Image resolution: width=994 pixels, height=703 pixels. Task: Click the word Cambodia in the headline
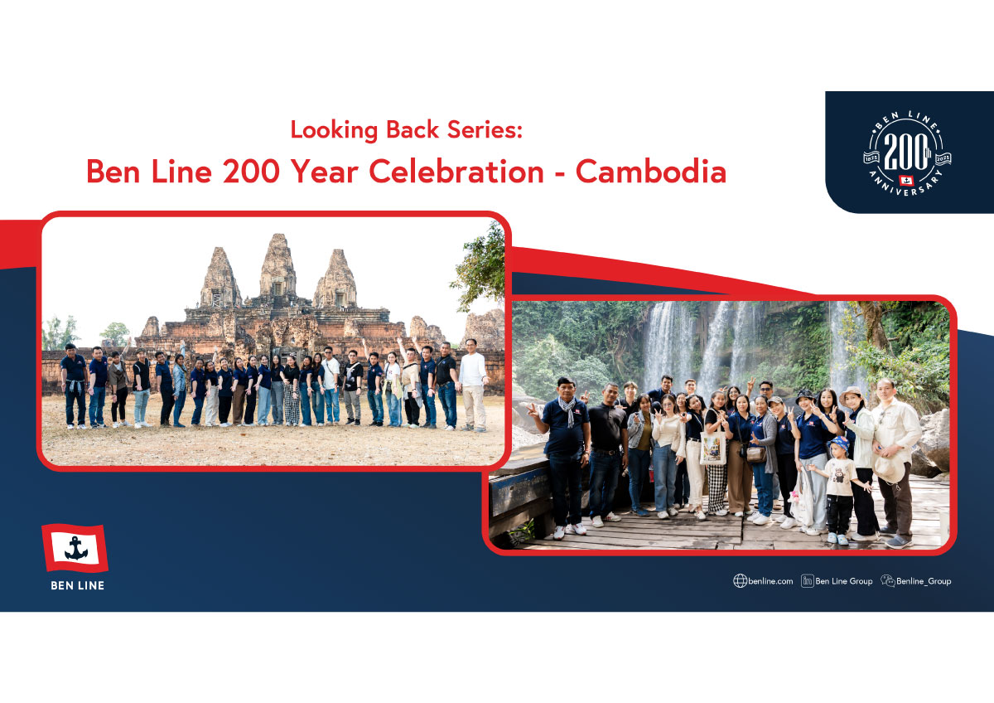pyautogui.click(x=651, y=172)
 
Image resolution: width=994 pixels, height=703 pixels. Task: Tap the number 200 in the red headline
pyautogui.click(x=251, y=172)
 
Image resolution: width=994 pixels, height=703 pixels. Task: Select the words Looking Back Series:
pyautogui.click(x=406, y=130)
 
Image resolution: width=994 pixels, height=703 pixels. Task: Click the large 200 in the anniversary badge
pyautogui.click(x=905, y=152)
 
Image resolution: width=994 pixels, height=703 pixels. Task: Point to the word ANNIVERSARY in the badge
pyautogui.click(x=905, y=186)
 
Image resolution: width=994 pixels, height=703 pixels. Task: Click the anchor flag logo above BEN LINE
pyautogui.click(x=75, y=548)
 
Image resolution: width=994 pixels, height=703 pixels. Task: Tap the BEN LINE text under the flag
pyautogui.click(x=78, y=585)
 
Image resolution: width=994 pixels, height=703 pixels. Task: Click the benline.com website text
pyautogui.click(x=770, y=581)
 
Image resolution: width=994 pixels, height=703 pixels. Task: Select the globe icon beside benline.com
pyautogui.click(x=740, y=581)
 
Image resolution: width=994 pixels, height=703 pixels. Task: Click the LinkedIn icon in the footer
pyautogui.click(x=807, y=581)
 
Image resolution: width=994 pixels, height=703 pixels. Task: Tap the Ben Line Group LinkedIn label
pyautogui.click(x=843, y=581)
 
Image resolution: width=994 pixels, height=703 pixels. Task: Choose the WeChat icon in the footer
pyautogui.click(x=888, y=580)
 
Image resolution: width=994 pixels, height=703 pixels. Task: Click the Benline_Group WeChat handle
pyautogui.click(x=924, y=581)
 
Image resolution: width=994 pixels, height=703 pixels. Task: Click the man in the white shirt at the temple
pyautogui.click(x=473, y=385)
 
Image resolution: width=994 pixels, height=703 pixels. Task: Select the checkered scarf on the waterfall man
pyautogui.click(x=567, y=410)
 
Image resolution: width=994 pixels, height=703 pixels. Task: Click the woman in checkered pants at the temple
pyautogui.click(x=292, y=390)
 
